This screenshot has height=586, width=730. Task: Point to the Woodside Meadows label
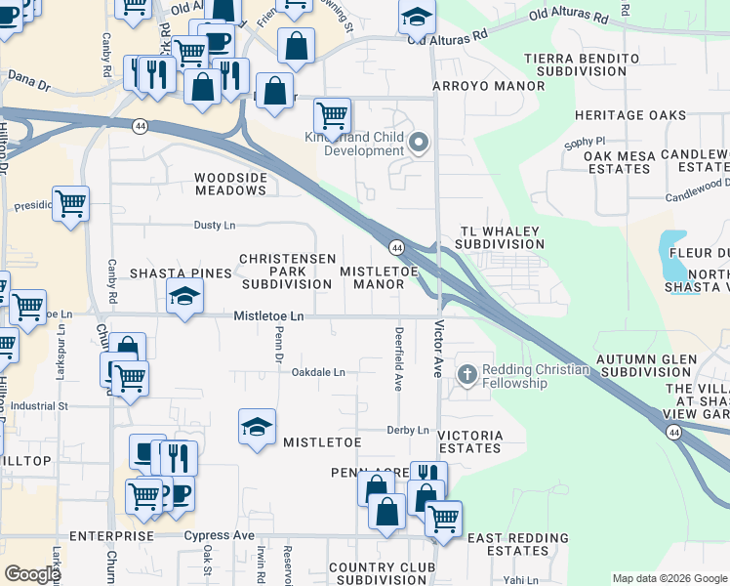(230, 184)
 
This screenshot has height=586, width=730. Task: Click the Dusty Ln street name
(215, 226)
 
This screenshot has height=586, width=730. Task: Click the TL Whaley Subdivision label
(500, 237)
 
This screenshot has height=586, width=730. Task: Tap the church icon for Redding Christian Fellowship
(467, 376)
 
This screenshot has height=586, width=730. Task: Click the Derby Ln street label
(408, 430)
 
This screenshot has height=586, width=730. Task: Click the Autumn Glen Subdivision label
(650, 365)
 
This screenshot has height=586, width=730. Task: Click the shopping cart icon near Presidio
(70, 203)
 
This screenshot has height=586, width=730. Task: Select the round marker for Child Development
(420, 144)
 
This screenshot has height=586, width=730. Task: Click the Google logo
(32, 574)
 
